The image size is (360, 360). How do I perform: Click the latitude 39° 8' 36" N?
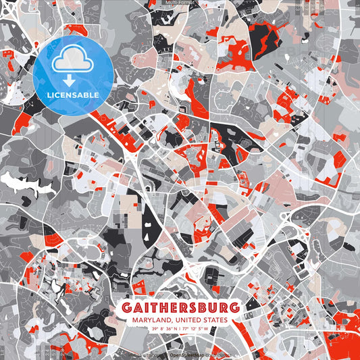(x=161, y=329)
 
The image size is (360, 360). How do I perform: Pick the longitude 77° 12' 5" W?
(x=201, y=329)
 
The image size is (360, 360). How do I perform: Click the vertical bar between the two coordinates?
(x=180, y=329)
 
